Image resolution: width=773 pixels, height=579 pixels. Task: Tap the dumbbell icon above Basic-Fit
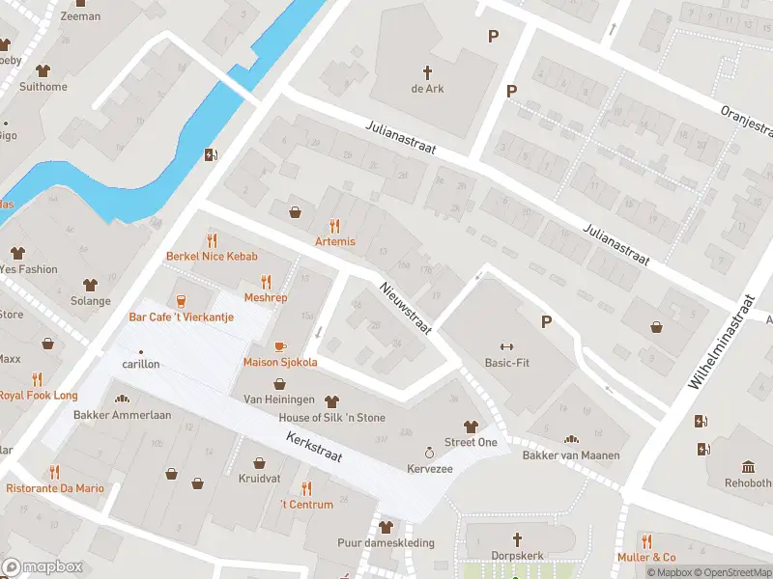pos(503,346)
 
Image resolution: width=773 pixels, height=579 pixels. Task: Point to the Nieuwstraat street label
pos(404,308)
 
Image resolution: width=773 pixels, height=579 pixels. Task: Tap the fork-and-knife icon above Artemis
pos(335,225)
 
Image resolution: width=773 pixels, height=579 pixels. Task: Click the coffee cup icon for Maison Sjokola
pos(280,345)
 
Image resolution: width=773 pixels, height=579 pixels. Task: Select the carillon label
pos(141,364)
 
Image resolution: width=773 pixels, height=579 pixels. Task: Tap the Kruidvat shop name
pos(258,479)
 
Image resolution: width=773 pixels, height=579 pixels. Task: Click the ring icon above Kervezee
pos(429,452)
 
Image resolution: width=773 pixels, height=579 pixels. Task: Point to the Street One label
pos(471,442)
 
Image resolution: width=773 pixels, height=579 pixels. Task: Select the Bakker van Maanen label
pos(571,455)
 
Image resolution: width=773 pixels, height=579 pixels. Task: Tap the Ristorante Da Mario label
pos(55,488)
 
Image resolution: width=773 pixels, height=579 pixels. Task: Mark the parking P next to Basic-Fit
pos(547,322)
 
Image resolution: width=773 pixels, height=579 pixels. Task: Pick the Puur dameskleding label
pos(386,542)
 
